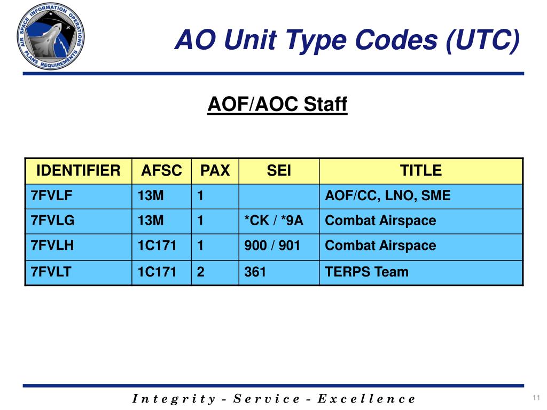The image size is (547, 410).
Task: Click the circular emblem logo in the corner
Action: point(50,38)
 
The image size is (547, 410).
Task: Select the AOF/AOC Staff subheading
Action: point(277,104)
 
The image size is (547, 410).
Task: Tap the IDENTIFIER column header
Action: point(78,171)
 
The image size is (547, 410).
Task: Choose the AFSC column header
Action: point(161,171)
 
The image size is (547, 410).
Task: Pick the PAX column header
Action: point(215,171)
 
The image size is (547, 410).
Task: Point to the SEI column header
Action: point(279,171)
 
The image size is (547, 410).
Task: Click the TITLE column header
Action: point(421,171)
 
